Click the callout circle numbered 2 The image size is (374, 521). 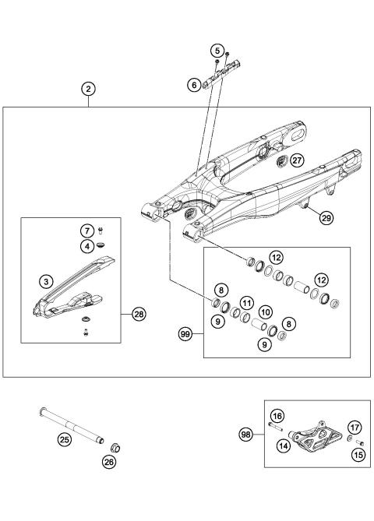[90, 90]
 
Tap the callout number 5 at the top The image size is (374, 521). [217, 51]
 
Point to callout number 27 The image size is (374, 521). [297, 160]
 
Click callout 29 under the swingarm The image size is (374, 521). [326, 219]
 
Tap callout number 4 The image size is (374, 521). [89, 247]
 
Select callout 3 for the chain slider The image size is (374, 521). [46, 279]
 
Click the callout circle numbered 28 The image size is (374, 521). [139, 314]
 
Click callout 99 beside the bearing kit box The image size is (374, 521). [185, 333]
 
